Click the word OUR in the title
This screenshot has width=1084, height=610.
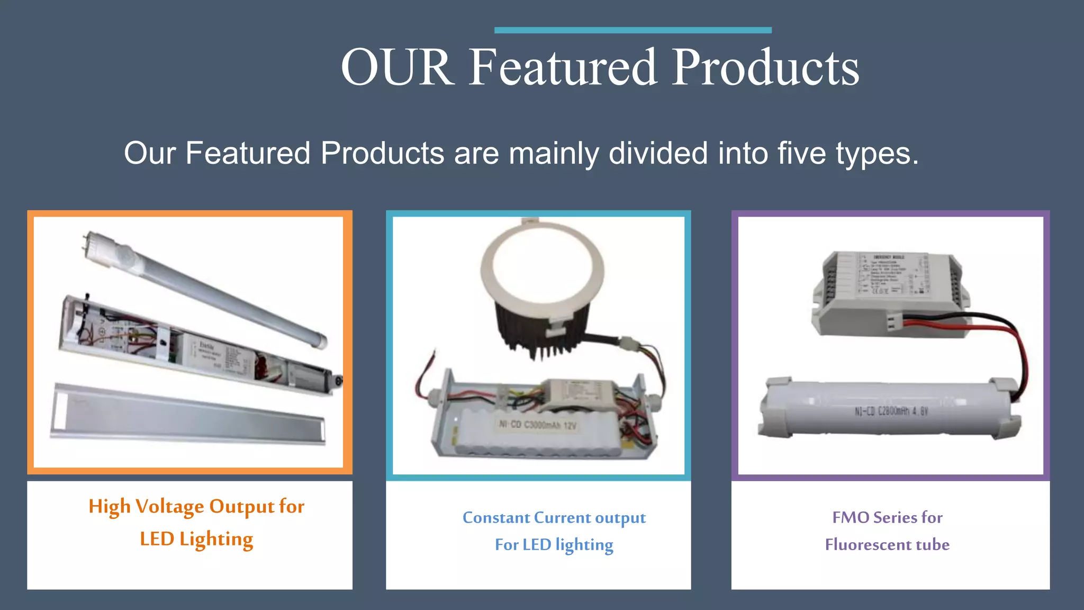tap(397, 68)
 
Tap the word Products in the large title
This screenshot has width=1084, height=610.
tap(765, 68)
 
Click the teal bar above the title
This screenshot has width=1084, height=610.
tap(633, 30)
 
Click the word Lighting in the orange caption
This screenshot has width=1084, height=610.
tap(216, 539)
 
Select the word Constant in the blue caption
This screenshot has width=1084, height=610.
tap(496, 517)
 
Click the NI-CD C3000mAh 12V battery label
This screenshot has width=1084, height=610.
tap(537, 425)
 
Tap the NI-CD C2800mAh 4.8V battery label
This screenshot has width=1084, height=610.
tap(891, 411)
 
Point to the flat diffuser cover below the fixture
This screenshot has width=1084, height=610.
tap(188, 414)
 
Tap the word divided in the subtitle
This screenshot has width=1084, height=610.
tap(658, 154)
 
